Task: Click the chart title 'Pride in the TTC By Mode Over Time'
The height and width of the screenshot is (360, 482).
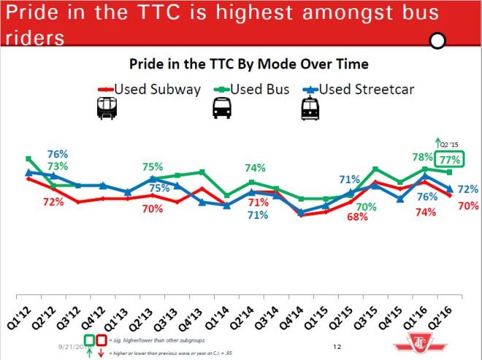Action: tap(244, 64)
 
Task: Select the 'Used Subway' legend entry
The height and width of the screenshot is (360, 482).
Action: tap(150, 89)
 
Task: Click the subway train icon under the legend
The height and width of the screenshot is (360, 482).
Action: tap(106, 110)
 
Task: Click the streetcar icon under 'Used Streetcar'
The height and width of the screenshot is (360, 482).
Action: tap(310, 110)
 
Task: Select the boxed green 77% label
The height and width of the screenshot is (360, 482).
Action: tap(449, 159)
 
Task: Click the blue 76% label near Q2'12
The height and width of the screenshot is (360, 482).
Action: tap(58, 154)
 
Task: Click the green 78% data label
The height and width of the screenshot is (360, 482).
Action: tap(423, 157)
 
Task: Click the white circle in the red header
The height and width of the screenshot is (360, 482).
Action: tap(437, 41)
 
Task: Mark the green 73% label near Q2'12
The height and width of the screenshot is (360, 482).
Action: tap(58, 167)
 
